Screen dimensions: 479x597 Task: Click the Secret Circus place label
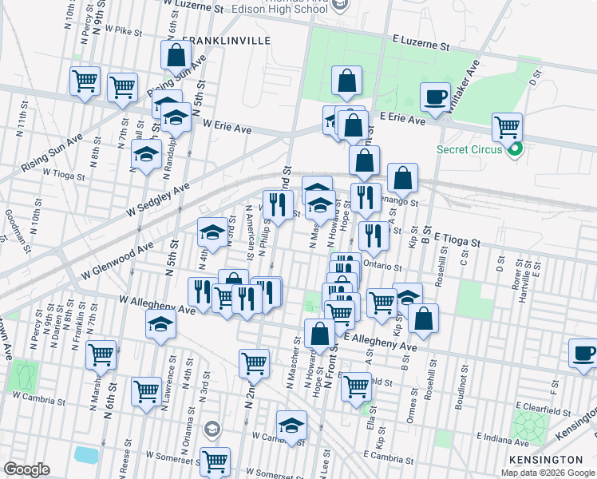pos(469,149)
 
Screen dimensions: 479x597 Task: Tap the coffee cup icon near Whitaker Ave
pos(434,97)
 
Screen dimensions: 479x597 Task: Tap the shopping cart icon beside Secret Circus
pos(507,126)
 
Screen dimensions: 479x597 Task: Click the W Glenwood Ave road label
pos(117,262)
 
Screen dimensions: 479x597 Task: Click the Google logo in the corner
pos(26,469)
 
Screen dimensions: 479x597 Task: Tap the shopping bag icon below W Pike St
pos(176,56)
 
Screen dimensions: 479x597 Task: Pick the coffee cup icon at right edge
pos(583,353)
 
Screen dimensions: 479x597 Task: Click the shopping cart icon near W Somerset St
pos(215,461)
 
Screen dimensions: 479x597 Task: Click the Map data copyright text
pos(548,473)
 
